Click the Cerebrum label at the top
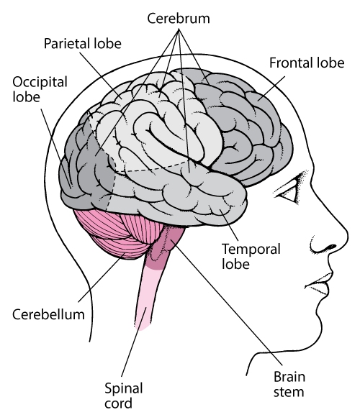pyautogui.click(x=179, y=19)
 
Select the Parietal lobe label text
pyautogui.click(x=83, y=43)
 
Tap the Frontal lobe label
pyautogui.click(x=307, y=63)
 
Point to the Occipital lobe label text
pyautogui.click(x=40, y=89)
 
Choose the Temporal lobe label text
pyautogui.click(x=251, y=256)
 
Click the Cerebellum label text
pyautogui.click(x=48, y=314)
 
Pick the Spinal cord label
pyautogui.click(x=123, y=396)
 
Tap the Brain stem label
pyautogui.click(x=289, y=384)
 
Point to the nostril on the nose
pyautogui.click(x=331, y=247)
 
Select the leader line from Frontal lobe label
pyautogui.click(x=271, y=88)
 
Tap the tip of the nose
pyautogui.click(x=347, y=237)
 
